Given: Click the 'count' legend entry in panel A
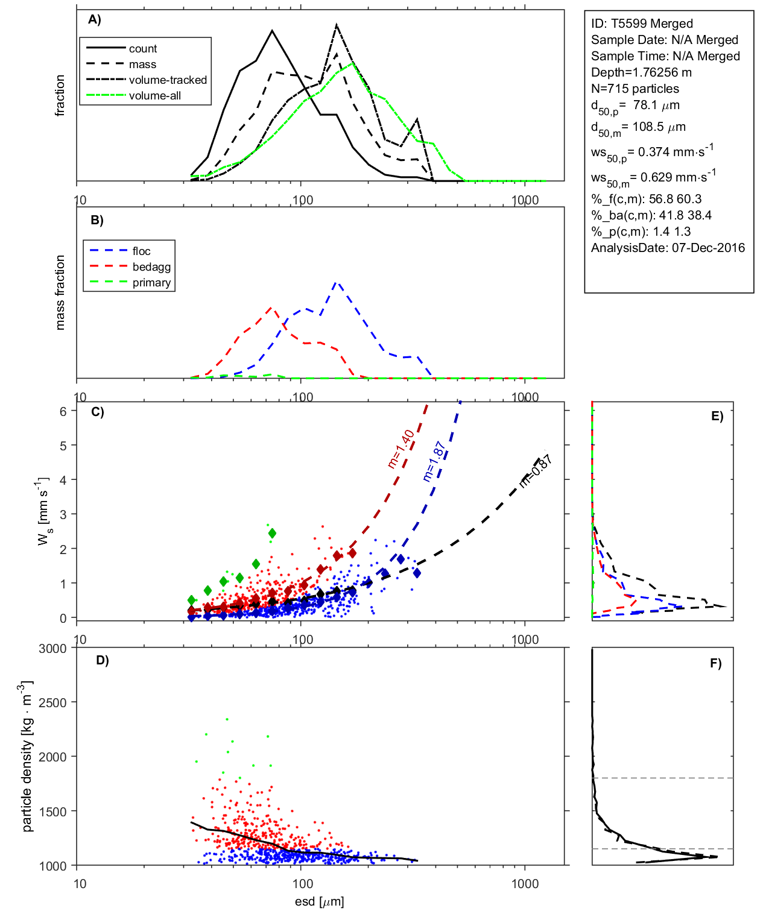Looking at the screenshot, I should (142, 49).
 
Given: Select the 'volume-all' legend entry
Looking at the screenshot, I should (154, 96).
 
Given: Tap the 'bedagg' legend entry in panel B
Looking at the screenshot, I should (151, 267).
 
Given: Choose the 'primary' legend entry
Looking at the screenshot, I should (151, 283).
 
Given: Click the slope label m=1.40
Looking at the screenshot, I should (400, 449).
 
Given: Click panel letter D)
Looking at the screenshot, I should (103, 660).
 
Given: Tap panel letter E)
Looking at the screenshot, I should (717, 416).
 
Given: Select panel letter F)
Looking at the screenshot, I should (715, 663).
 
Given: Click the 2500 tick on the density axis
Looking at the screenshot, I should (52, 702).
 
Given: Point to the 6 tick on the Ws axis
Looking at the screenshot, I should (63, 411).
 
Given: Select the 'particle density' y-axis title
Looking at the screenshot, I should (27, 757).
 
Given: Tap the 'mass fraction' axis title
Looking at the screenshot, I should (60, 292).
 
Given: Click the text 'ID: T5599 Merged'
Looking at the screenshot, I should (642, 24).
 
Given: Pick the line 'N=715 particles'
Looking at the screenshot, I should (635, 89).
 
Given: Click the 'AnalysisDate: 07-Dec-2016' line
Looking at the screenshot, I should (668, 248).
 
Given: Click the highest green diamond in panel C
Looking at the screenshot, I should (272, 533).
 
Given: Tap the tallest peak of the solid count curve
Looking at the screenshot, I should (272, 30).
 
